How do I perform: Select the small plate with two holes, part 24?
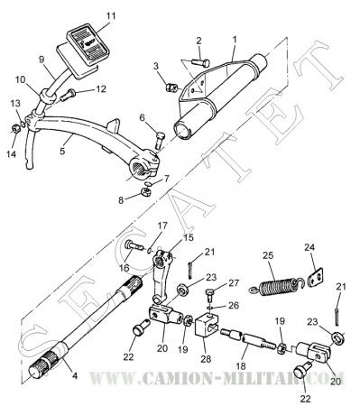317,276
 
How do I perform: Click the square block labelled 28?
206,327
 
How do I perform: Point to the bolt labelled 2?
200,62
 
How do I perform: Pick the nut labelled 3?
171,88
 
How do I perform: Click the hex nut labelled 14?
14,129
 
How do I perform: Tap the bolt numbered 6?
159,140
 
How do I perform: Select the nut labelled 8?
145,191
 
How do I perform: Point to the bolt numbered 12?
68,96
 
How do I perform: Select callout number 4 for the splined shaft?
75,375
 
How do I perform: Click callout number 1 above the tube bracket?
235,40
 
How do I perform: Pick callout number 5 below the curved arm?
62,151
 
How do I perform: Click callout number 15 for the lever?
189,238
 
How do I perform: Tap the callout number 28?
206,359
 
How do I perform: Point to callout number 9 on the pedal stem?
42,60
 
